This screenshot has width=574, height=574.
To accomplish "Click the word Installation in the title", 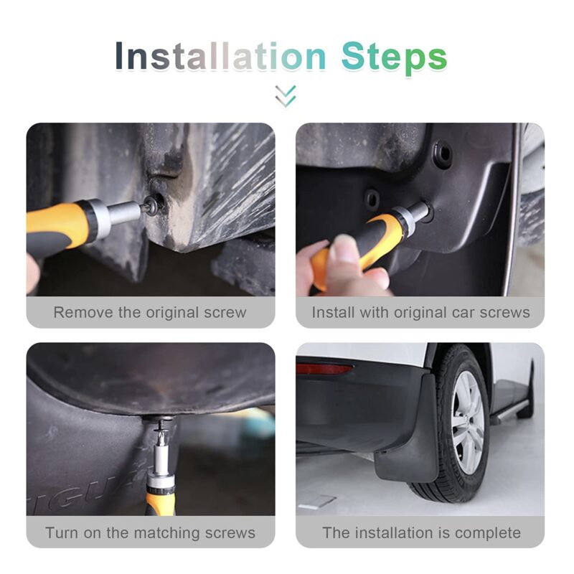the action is [220, 57].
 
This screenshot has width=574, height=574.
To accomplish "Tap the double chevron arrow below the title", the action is [286, 96].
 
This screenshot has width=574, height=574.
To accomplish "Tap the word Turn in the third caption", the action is [62, 533].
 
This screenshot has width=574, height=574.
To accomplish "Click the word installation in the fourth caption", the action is [400, 533].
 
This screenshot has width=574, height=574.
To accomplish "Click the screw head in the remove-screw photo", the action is [153, 202].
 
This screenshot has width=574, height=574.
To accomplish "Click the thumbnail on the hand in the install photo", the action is [344, 246].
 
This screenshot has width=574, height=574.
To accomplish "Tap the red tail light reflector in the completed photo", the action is [324, 369].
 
